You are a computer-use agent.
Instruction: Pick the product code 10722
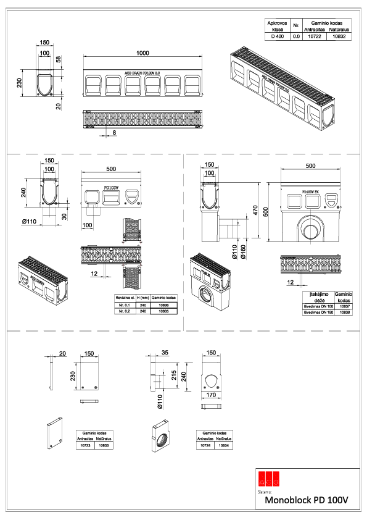pos(314,37)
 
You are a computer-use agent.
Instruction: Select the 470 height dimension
pos(254,209)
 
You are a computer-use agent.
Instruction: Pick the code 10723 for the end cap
pos(85,445)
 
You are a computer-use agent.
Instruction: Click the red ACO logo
pos(270,478)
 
